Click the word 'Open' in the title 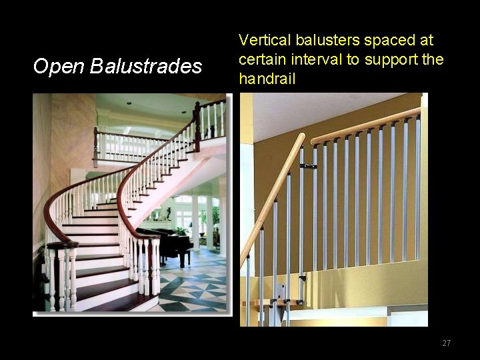pos(58,66)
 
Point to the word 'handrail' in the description pos(267,77)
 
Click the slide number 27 pos(446,343)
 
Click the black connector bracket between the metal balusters pos(308,165)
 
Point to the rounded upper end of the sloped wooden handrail pos(300,139)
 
